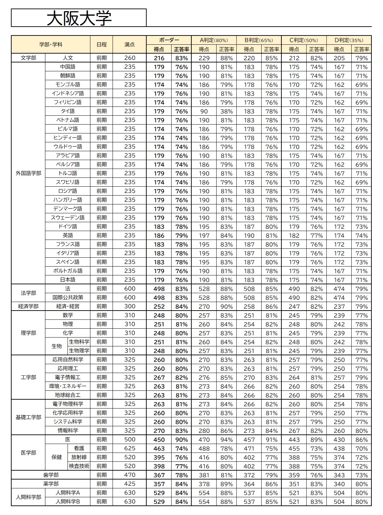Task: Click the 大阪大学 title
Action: coord(79,18)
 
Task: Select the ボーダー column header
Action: coord(169,40)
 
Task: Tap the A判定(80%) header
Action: coord(213,40)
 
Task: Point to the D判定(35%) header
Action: coord(349,40)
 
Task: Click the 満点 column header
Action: coord(130,44)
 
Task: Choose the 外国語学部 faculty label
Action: coord(28,173)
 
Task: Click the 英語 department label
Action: coord(68,235)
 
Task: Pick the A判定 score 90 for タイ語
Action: coord(204,111)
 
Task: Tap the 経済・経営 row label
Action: coord(68,306)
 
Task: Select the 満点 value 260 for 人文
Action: coord(130,58)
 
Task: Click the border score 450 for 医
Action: coord(159,440)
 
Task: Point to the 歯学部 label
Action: coord(51,475)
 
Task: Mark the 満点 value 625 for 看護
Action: coord(130,448)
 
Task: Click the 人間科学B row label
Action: coord(68,501)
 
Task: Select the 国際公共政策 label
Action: coord(68,297)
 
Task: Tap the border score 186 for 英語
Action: coord(159,235)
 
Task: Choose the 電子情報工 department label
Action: coord(68,377)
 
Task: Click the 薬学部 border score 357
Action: coord(159,484)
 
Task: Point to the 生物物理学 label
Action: coord(79,351)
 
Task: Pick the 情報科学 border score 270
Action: coord(159,431)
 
